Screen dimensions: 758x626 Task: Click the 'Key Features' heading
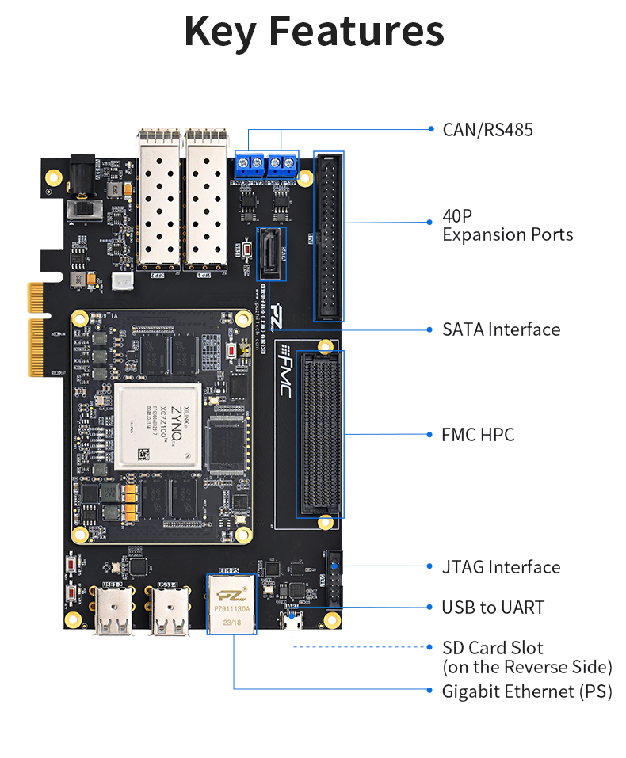[314, 32]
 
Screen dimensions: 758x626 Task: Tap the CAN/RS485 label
[487, 129]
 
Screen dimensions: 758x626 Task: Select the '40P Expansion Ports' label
[507, 225]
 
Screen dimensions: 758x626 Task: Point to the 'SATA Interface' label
[501, 329]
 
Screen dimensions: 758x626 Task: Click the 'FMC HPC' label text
[478, 435]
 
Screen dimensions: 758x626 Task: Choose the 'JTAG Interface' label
[501, 567]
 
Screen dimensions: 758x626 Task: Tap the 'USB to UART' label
[493, 608]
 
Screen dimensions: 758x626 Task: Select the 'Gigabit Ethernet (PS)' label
[527, 691]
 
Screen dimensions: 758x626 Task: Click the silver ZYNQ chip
[158, 426]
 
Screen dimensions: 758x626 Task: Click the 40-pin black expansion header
[329, 236]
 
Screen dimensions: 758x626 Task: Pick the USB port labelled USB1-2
[113, 614]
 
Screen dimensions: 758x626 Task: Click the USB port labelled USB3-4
[170, 614]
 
